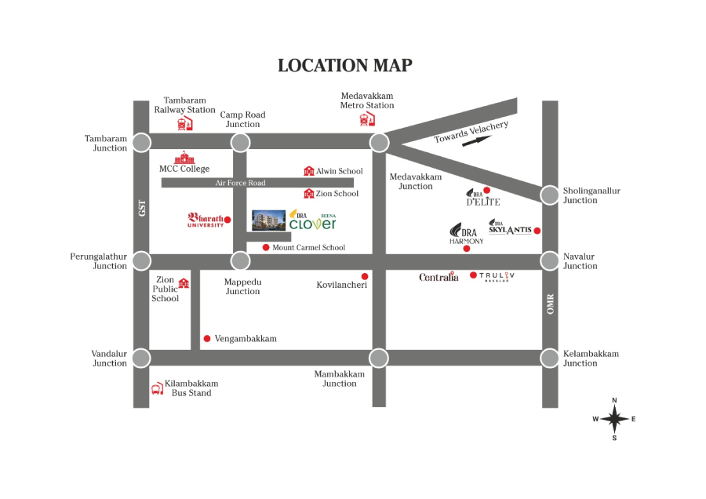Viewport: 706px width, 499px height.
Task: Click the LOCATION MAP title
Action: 345,65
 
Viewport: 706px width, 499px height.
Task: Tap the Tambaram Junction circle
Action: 141,142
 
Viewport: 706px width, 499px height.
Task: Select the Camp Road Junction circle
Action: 241,142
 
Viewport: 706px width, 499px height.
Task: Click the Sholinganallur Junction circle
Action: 550,195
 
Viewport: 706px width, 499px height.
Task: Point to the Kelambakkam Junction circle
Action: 550,358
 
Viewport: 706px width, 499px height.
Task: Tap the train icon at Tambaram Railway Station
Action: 184,124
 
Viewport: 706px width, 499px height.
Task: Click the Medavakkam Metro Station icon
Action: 366,118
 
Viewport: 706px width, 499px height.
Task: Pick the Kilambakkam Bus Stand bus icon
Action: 157,388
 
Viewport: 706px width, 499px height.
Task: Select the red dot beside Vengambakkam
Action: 207,339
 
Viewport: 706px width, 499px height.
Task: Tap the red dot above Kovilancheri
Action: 364,276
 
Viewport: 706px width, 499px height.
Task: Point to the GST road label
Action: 142,209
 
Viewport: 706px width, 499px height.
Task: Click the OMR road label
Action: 551,304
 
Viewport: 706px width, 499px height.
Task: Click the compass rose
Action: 614,419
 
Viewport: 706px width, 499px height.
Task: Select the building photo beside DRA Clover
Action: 268,220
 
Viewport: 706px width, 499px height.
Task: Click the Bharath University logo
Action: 206,220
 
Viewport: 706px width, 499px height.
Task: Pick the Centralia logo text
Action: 439,277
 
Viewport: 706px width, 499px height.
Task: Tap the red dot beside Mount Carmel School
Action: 266,247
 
